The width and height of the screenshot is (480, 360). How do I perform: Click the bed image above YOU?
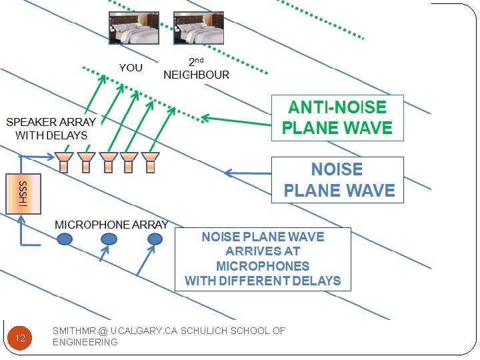[134, 28]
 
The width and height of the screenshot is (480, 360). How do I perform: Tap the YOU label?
[131, 67]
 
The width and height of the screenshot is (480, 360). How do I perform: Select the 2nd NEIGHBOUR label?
[196, 69]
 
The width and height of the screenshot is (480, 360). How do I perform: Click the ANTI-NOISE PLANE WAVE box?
[337, 117]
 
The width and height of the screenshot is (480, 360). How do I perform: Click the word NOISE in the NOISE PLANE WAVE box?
[337, 169]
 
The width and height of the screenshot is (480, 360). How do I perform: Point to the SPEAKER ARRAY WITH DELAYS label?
[51, 129]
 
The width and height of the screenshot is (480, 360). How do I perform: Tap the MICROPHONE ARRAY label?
[111, 225]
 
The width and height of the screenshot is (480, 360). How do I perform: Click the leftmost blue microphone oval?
[65, 239]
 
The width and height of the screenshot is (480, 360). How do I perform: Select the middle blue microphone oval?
[109, 239]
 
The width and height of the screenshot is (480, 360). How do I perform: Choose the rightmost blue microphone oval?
[155, 239]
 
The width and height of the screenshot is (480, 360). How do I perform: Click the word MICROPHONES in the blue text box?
[263, 266]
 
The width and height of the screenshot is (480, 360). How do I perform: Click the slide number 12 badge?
[20, 338]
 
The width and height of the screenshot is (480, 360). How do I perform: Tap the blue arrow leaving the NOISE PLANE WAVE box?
[247, 174]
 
